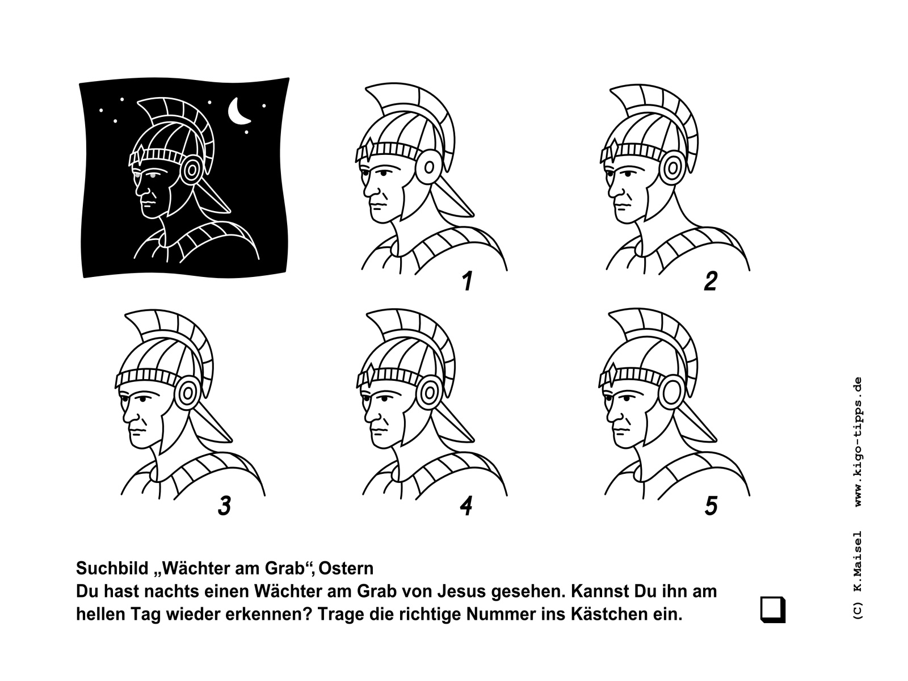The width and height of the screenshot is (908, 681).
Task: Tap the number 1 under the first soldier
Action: [x=468, y=281]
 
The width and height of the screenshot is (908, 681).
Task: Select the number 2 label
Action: [x=711, y=281]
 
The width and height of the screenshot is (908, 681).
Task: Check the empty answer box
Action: [x=772, y=609]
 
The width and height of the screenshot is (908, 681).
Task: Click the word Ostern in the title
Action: [x=346, y=568]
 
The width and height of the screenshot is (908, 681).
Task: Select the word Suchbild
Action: [x=112, y=568]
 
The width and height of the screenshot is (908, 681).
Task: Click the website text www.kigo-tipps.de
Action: [x=859, y=441]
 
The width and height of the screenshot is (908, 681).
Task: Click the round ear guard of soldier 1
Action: [x=428, y=167]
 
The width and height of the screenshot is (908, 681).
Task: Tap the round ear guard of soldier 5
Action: [x=671, y=392]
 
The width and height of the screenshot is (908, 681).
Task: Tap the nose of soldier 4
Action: [x=370, y=415]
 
